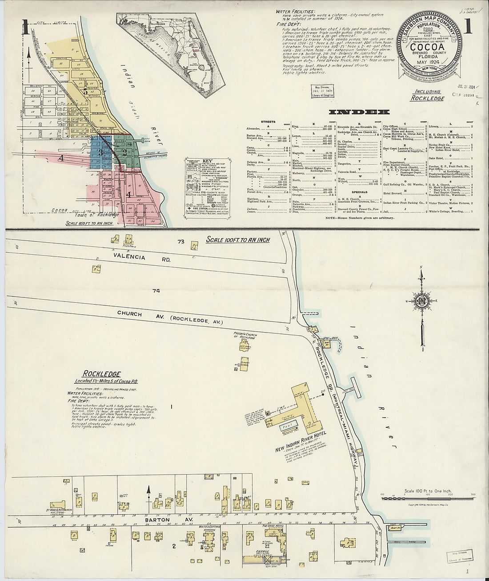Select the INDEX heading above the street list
pos(360,112)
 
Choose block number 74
pos(155,291)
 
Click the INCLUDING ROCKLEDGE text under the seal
pos(427,95)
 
